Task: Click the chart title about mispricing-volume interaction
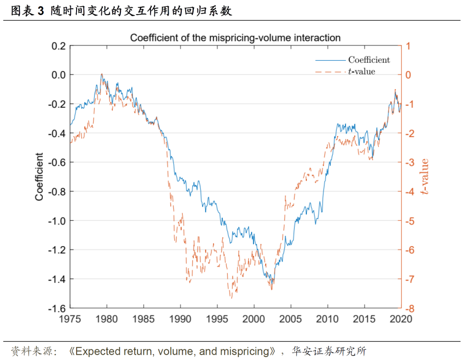pos(235,38)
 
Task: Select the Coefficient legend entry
pos(369,60)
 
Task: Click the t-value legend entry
pos(361,71)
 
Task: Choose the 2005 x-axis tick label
pos(291,319)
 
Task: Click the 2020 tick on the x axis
pos(401,319)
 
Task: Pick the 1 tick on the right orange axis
pos(408,46)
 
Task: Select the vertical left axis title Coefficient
pos(39,177)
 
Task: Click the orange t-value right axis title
pos(424,177)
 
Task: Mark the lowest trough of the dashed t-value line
pos(231,298)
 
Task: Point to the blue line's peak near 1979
pos(102,74)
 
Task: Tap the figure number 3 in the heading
pos(41,11)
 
